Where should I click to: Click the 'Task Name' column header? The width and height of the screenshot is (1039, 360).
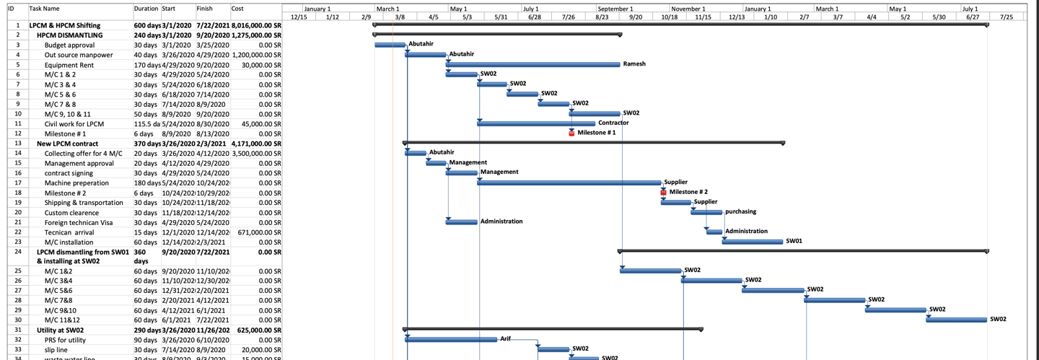pos(45,9)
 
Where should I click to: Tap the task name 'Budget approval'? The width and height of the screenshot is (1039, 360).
pos(69,45)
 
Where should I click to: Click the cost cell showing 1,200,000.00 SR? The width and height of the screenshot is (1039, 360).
pos(256,55)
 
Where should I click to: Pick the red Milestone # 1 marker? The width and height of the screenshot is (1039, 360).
pos(571,133)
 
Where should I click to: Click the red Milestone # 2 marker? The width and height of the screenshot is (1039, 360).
pos(663,192)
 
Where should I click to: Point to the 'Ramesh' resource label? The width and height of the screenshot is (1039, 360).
pos(634,64)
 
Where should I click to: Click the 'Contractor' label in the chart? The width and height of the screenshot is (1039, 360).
pos(613,123)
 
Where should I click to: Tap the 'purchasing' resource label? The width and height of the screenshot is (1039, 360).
pos(740,211)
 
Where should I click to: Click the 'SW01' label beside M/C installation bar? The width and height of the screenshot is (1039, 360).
pos(794,241)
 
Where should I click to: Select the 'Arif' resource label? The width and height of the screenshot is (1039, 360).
pos(509,338)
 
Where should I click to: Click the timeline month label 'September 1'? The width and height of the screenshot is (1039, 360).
pos(615,9)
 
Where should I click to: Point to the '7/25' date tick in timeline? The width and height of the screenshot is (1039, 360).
pos(1007,17)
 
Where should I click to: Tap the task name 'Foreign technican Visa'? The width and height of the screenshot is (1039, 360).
pos(79,222)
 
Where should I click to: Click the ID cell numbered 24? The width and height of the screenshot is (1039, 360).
pos(17,252)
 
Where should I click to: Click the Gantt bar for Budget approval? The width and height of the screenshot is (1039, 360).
pos(390,45)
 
